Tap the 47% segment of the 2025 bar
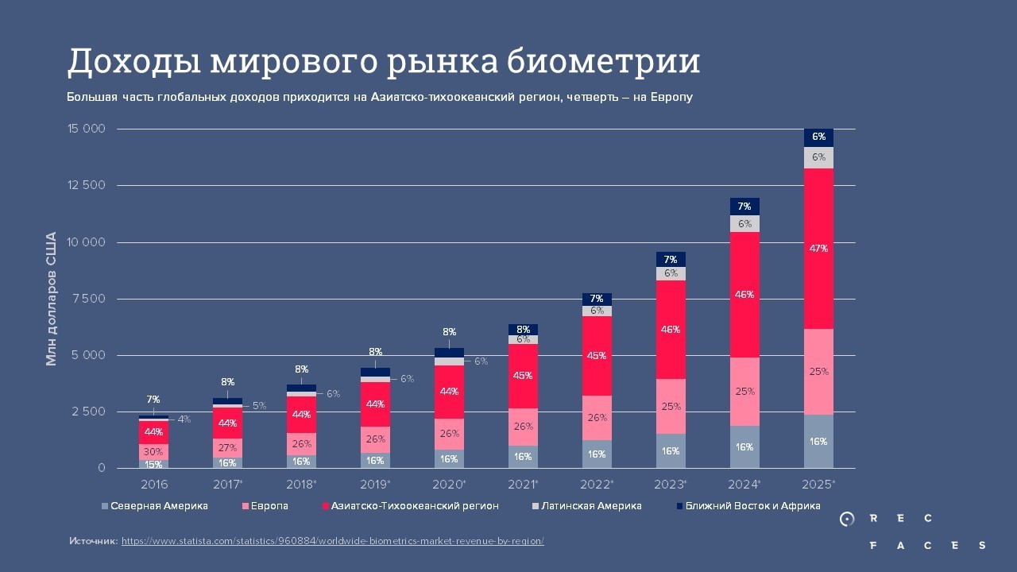click(x=818, y=249)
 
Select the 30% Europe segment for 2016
click(x=153, y=451)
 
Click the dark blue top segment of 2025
click(x=818, y=137)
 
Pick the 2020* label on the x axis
click(x=449, y=484)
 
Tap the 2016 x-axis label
click(x=153, y=484)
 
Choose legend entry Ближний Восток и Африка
click(x=752, y=506)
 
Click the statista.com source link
click(x=332, y=540)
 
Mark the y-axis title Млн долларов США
click(x=52, y=299)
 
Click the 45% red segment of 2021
click(x=523, y=376)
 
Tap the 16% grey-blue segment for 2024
click(x=744, y=447)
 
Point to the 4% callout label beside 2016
click(x=184, y=419)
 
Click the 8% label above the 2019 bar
click(x=375, y=352)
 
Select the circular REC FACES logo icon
click(x=847, y=520)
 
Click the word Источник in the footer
click(x=93, y=540)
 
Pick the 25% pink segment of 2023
click(x=671, y=406)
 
